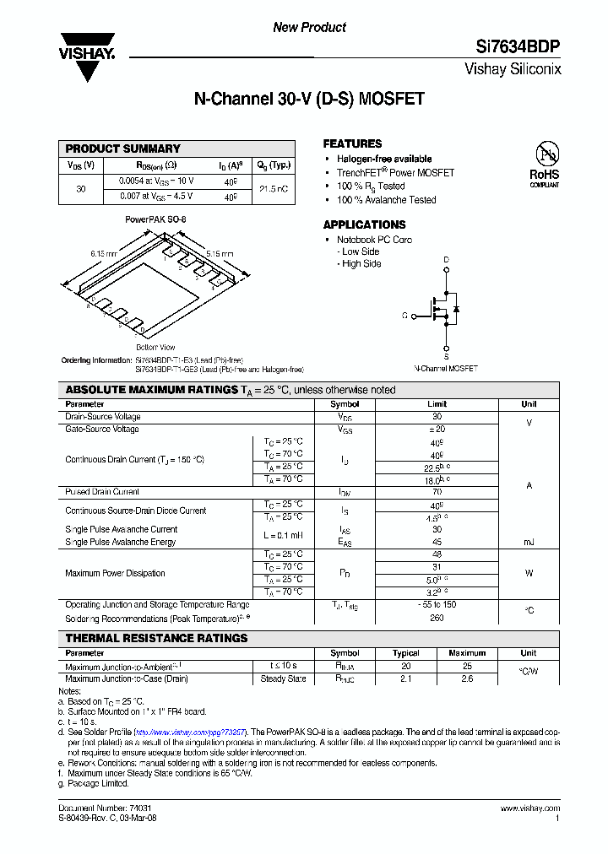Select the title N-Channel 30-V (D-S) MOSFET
click(308, 99)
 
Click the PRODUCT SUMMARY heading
click(123, 149)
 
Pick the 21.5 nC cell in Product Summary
click(272, 189)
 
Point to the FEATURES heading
click(352, 143)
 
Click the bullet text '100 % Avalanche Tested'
click(386, 200)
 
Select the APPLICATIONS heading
click(364, 224)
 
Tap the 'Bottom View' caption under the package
click(155, 348)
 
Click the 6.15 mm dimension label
click(103, 253)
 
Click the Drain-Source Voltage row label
click(103, 417)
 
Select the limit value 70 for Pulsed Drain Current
click(437, 491)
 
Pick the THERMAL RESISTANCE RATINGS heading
click(156, 638)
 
